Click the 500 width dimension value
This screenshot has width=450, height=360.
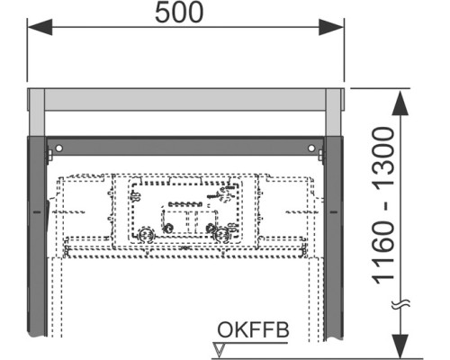(x=179, y=13)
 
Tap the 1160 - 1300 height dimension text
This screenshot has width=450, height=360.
(x=383, y=206)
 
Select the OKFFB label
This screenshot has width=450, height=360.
(x=253, y=330)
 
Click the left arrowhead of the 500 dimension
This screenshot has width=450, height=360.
(x=40, y=27)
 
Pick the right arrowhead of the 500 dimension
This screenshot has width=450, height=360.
(x=331, y=27)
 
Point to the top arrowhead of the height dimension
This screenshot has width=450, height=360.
(x=400, y=103)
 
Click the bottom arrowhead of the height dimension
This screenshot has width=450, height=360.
(x=400, y=346)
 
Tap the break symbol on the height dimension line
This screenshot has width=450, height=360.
(x=400, y=304)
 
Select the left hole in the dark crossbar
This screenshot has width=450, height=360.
(x=58, y=148)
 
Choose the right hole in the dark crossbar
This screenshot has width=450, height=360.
(x=311, y=148)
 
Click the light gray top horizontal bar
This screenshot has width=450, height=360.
(x=185, y=100)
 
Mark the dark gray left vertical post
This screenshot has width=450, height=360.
(x=37, y=237)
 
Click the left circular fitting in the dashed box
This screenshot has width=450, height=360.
(x=147, y=234)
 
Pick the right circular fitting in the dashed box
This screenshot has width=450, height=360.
(x=221, y=234)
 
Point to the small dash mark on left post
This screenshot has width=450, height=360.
(x=37, y=212)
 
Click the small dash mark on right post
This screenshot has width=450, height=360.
(x=334, y=212)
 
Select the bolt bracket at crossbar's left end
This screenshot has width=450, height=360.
(x=49, y=155)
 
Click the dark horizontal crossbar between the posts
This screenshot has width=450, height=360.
(x=185, y=146)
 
